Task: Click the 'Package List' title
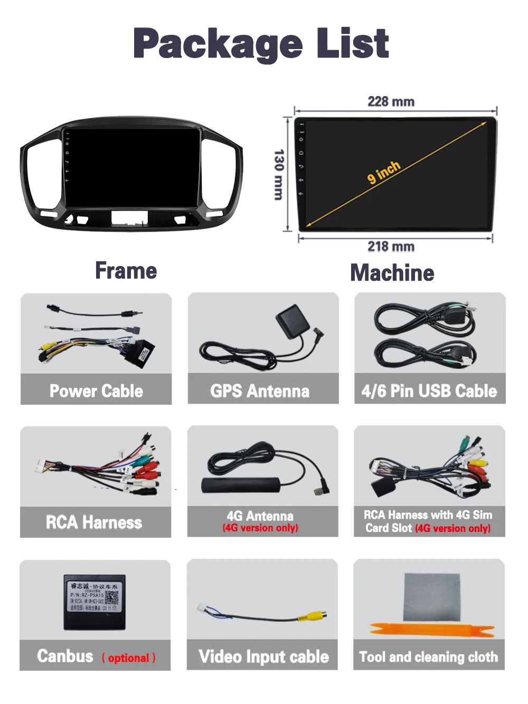(x=261, y=44)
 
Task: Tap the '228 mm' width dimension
(x=391, y=101)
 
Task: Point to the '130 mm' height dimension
(x=279, y=174)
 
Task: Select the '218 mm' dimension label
(x=391, y=246)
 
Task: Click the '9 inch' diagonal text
(x=384, y=172)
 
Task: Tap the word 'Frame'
(x=126, y=271)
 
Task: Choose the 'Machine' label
(x=392, y=273)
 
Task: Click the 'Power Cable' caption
(x=96, y=391)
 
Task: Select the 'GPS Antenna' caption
(x=260, y=391)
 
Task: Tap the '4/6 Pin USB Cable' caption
(x=429, y=391)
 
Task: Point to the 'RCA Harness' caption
(x=94, y=522)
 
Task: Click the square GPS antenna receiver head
(x=291, y=321)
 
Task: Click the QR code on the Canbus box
(x=111, y=598)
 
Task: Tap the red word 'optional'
(x=128, y=658)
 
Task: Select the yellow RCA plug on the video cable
(x=312, y=615)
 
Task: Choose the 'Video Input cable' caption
(x=263, y=657)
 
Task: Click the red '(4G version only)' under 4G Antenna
(x=260, y=528)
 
